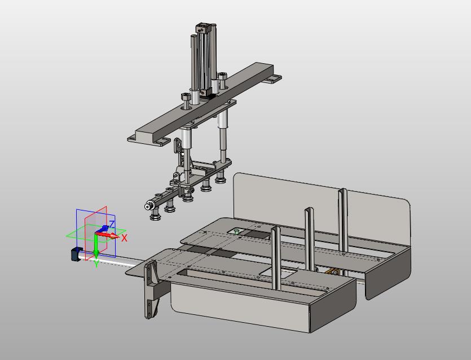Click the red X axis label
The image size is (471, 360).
(x=124, y=238)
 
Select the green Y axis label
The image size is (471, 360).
(x=96, y=264)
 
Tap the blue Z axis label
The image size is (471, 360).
(x=112, y=224)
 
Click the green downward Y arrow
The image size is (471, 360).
(x=96, y=247)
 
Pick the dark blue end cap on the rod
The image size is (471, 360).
(x=77, y=254)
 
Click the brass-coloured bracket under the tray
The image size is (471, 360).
(x=332, y=271)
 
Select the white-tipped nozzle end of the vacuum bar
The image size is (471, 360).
(x=147, y=207)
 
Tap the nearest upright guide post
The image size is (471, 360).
(x=276, y=257)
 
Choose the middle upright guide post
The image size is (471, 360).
(x=310, y=239)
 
